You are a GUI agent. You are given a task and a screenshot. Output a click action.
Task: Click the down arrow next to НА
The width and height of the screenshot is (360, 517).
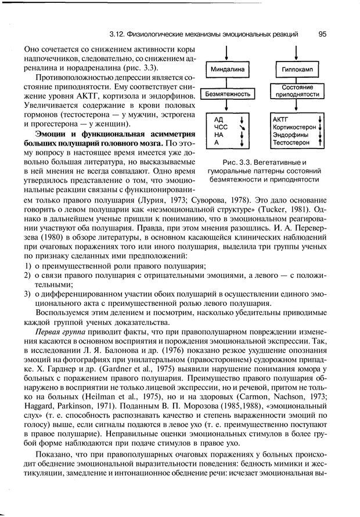click(x=243, y=134)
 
